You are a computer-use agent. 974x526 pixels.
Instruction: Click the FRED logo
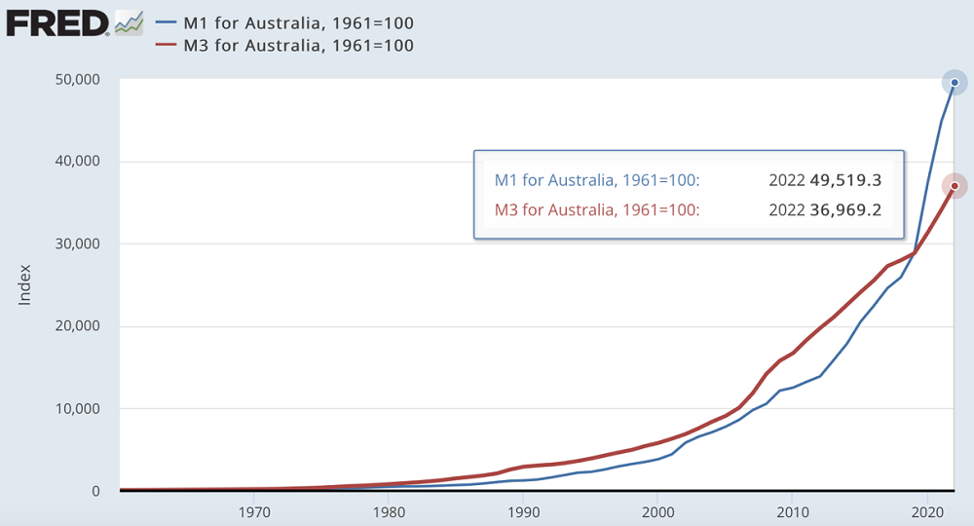58,21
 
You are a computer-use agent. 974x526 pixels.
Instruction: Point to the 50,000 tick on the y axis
74,79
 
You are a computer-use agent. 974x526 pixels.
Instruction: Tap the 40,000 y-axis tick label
74,162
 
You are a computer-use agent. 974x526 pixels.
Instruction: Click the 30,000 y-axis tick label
74,244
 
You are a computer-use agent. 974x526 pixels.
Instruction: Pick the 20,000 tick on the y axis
74,326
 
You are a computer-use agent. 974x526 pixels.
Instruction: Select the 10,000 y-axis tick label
74,409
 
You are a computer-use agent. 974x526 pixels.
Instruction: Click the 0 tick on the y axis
95,491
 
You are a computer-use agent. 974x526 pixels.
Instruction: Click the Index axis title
25,284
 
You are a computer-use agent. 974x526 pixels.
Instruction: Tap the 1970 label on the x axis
253,509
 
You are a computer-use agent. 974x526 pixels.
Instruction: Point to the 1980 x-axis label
389,509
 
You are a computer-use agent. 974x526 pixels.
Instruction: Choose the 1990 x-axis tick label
523,509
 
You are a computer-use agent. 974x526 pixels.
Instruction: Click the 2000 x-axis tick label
657,509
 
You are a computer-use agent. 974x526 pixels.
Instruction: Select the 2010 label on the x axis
792,509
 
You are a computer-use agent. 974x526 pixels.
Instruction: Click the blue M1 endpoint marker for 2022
955,83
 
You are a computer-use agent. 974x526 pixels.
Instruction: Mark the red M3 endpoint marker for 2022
955,186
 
